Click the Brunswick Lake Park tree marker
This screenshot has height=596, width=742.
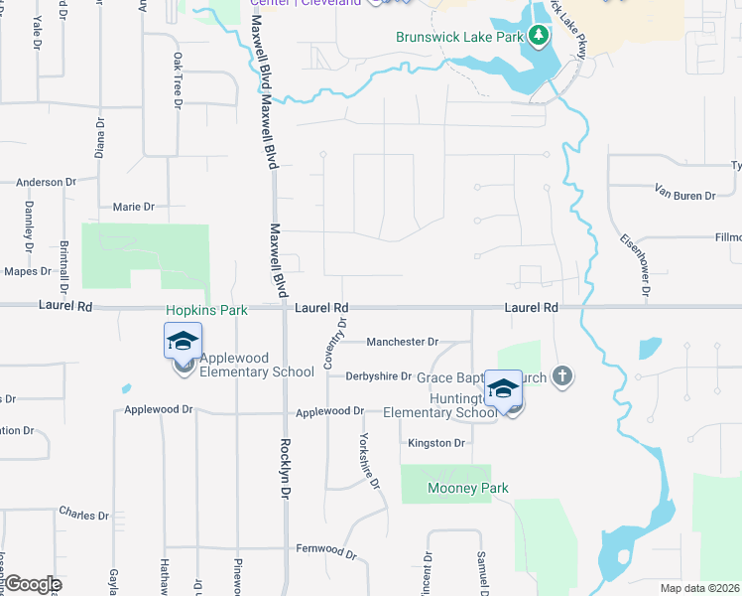coord(539,37)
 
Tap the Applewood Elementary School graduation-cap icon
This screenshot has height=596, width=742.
coord(183,343)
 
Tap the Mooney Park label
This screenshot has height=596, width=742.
coord(468,488)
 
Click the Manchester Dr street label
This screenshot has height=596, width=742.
coord(402,342)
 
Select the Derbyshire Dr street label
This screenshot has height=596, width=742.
coord(378,376)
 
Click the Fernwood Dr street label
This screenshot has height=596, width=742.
coord(325,549)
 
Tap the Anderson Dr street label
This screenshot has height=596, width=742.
coord(46,183)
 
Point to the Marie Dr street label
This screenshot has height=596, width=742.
coord(134,207)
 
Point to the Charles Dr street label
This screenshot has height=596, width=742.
coord(83,515)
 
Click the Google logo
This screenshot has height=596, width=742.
coord(32,584)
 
